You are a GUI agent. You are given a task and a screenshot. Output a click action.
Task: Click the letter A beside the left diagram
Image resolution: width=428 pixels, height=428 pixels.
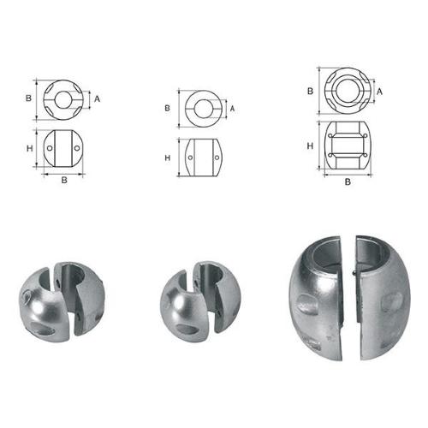point(98,98)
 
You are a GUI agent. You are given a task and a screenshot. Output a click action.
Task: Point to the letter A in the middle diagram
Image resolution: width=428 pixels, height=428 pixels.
point(232,109)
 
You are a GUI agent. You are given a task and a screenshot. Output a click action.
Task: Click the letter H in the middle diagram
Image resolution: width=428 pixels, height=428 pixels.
point(168,158)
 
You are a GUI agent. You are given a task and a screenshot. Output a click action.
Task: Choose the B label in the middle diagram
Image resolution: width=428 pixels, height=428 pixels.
point(168,109)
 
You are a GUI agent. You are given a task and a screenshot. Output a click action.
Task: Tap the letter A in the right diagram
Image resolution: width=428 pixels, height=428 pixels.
point(378,90)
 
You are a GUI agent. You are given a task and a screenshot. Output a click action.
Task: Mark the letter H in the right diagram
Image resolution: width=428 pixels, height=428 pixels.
point(310,146)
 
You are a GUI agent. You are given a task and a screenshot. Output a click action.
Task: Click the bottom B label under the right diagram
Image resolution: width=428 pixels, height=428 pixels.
point(348,181)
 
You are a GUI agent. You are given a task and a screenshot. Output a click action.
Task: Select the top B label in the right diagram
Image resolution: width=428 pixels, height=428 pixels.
point(310,90)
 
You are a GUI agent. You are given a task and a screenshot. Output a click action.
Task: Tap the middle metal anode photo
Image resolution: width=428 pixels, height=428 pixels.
point(200,300)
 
